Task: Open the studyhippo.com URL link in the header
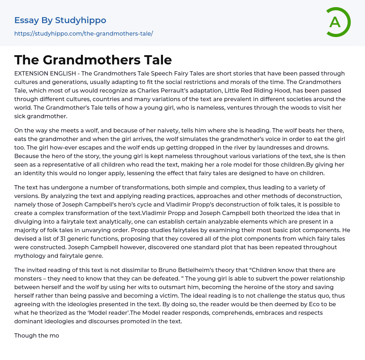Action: [x=83, y=33]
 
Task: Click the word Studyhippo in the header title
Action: [x=81, y=20]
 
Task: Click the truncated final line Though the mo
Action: [x=36, y=335]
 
